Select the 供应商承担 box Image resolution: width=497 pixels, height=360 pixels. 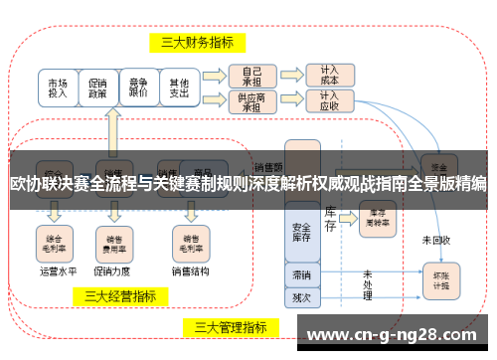(250, 101)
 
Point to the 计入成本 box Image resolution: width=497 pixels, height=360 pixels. (329, 76)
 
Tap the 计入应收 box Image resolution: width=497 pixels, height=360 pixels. (329, 101)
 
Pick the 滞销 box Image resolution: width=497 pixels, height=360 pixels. (301, 274)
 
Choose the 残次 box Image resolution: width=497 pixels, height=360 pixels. (301, 296)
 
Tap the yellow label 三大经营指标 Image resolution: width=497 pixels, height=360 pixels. (120, 295)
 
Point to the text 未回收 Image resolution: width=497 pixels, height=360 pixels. (435, 240)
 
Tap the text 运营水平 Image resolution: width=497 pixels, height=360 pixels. (58, 269)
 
